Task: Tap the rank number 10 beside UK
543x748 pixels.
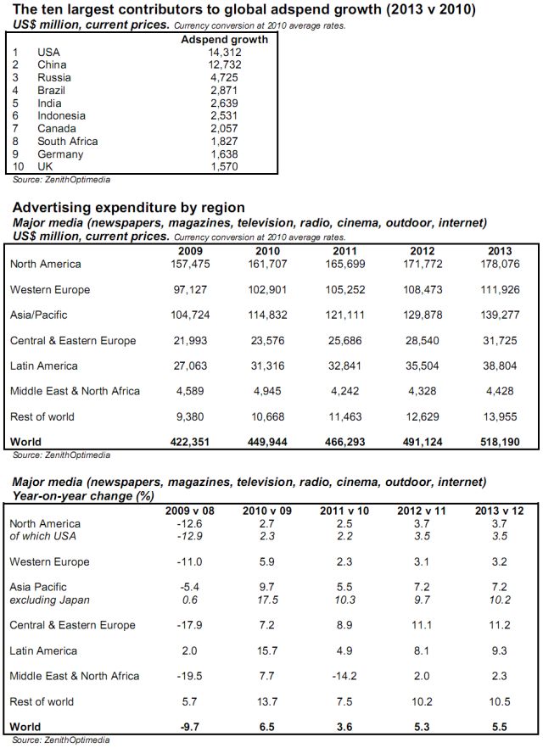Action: coord(15,168)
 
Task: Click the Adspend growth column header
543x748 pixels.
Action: coord(225,39)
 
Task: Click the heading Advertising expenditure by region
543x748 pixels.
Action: coord(127,208)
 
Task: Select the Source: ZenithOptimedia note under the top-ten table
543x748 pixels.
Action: coord(62,180)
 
